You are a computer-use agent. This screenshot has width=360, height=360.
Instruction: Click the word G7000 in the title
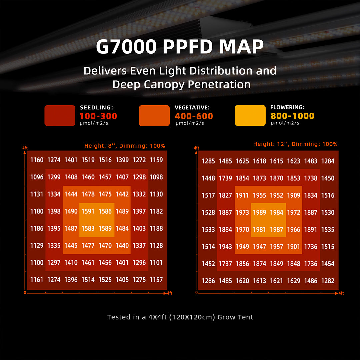[126, 47]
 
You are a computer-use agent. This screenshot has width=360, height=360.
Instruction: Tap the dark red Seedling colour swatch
[60, 116]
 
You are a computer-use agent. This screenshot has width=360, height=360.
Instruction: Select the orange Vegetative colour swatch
[154, 116]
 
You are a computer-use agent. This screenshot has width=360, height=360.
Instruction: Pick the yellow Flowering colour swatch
[250, 116]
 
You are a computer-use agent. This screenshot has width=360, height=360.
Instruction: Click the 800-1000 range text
[292, 116]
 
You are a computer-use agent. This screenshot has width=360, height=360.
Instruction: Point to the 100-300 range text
[98, 116]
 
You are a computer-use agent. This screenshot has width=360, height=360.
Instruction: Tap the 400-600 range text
[194, 116]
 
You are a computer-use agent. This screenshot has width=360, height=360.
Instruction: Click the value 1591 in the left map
[88, 211]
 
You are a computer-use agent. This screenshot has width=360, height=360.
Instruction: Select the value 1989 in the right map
[259, 212]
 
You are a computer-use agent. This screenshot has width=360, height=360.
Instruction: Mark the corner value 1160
[37, 160]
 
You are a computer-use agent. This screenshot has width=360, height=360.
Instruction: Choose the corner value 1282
[328, 281]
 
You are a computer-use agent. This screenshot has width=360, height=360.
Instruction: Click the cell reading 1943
[225, 247]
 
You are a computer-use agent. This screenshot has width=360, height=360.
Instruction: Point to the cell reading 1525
[105, 280]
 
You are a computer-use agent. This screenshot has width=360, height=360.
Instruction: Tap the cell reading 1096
[37, 177]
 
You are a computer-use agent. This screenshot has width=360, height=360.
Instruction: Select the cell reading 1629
[294, 281]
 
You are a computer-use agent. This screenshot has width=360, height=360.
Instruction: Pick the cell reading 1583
[88, 228]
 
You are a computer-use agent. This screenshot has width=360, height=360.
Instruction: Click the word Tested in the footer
[118, 317]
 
